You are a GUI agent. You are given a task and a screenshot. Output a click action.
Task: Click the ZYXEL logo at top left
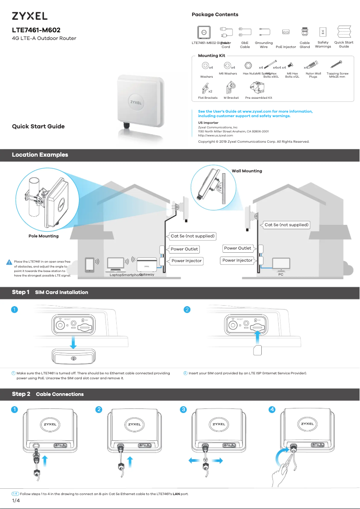point(30,16)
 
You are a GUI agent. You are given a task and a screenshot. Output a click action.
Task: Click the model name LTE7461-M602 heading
point(36,30)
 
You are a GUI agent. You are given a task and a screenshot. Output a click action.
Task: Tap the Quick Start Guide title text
point(38,127)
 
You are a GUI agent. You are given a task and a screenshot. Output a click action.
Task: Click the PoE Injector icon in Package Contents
point(285,32)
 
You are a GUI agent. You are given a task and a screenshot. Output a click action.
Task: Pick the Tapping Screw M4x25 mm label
point(337,75)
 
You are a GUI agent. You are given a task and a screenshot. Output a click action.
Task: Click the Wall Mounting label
point(246,171)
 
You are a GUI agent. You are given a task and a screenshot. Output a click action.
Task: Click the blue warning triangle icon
point(9,262)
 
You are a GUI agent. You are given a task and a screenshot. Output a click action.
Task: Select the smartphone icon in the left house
point(90,265)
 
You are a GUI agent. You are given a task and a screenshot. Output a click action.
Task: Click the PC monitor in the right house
point(281,263)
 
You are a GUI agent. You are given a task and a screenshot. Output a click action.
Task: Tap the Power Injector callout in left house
point(186,261)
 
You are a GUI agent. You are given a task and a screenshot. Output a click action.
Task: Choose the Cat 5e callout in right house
point(286,225)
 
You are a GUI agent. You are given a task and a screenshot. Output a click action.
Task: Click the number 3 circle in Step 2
point(183,409)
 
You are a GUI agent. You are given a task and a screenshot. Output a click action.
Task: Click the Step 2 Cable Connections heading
point(48,394)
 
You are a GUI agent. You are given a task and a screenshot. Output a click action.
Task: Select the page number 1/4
point(16,500)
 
